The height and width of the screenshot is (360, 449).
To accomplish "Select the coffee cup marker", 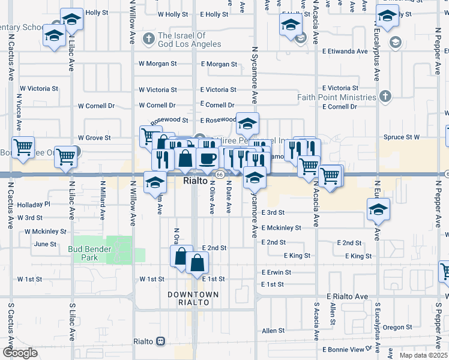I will coord(208,159).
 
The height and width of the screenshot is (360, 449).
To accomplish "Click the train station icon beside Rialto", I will coord(160,341).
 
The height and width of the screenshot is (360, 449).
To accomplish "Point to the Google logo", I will coord(20,353).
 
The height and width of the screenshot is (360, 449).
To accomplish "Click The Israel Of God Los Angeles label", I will coord(189,40).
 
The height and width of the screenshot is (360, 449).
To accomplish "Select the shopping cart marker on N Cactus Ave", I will coord(23,147).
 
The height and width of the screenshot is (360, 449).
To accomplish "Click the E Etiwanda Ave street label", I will coord(344,52).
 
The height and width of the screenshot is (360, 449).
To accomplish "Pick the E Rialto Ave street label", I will coord(347,296).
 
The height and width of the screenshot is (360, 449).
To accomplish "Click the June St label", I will coord(45,244).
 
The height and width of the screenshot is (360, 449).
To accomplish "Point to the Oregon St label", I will coord(394,327).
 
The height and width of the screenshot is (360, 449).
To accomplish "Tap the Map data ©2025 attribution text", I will coord(423,355).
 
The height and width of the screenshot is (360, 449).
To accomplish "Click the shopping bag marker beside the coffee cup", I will coord(186,160).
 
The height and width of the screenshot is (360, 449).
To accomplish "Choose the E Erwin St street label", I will coord(276,272).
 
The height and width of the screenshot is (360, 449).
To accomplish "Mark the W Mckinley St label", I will coord(46,231).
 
